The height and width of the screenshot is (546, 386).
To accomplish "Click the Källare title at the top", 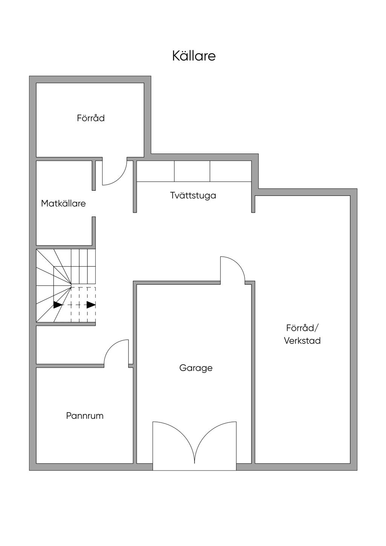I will (194, 56).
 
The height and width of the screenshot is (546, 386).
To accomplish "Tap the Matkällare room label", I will (63, 204).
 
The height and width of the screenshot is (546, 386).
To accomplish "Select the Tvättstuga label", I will (193, 195).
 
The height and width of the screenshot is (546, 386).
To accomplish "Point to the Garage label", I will (196, 368).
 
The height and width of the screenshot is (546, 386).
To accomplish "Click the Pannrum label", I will (85, 416).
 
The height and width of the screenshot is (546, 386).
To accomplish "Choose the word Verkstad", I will (302, 340).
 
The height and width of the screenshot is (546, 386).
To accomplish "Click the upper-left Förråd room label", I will (91, 118).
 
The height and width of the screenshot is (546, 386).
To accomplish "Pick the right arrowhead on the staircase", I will (91, 305).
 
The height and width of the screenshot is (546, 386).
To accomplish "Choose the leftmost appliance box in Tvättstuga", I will (155, 171).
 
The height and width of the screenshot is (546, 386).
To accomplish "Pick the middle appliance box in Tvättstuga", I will (192, 171).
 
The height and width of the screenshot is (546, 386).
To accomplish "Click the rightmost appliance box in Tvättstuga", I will (230, 171).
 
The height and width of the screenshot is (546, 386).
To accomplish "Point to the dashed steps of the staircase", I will (83, 305).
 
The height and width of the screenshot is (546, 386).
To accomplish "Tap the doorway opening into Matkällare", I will (94, 204).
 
